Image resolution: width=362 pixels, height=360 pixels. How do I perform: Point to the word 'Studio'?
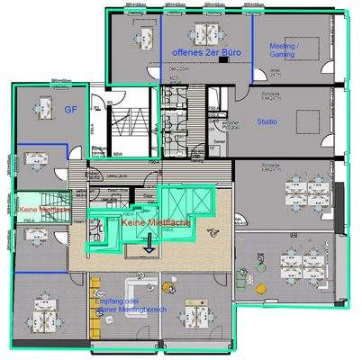click(267, 121)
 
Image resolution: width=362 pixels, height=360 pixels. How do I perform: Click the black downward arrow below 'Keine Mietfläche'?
click(149, 238)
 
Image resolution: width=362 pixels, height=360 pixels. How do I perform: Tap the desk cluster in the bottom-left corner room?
click(40, 310)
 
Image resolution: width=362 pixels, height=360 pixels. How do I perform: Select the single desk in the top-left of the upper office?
click(142, 36)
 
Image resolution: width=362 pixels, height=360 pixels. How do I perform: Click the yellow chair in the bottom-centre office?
click(167, 288)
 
